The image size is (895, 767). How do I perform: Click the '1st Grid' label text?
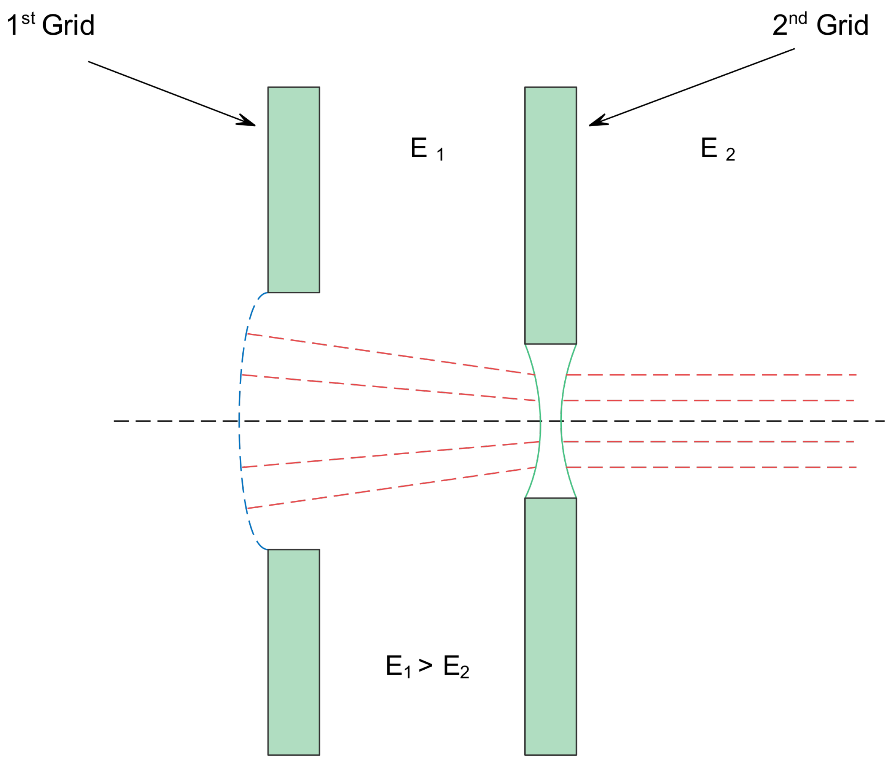51,25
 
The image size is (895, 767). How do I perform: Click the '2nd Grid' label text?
820,25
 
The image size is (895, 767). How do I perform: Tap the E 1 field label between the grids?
427,149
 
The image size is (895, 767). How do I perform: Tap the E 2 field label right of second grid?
717,149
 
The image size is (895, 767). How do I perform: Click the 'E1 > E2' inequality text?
427,666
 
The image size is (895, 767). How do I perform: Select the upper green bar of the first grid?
293,190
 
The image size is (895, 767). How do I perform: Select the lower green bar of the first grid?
293,652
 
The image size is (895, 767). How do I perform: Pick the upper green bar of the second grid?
550,216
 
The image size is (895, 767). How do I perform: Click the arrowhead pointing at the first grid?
248,122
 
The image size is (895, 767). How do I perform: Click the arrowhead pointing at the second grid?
597,122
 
